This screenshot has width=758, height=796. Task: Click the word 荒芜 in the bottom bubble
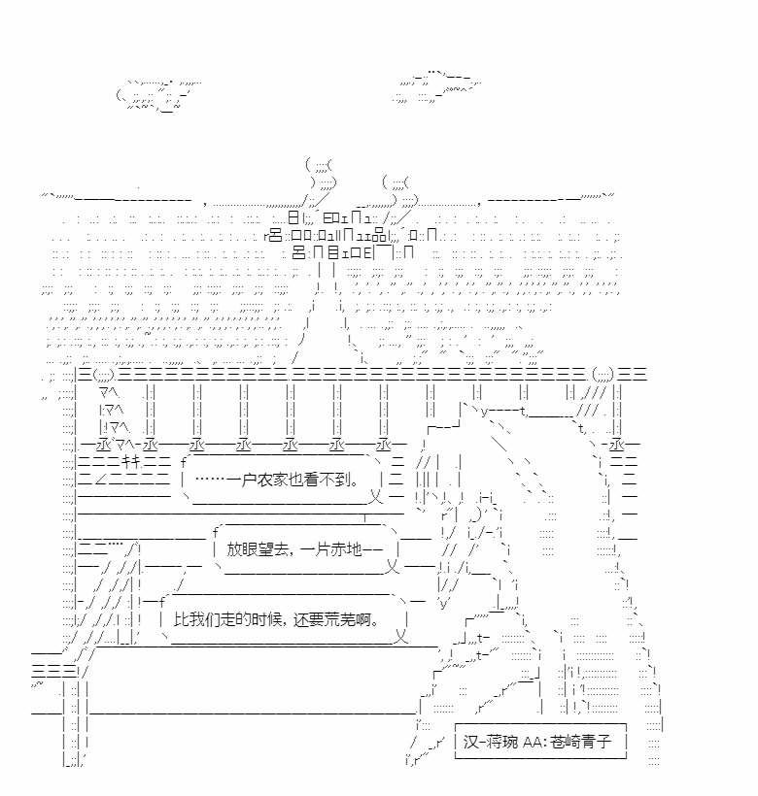click(x=340, y=619)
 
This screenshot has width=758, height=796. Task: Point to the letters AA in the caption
click(x=532, y=743)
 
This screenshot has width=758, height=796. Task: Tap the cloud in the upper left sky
click(x=157, y=95)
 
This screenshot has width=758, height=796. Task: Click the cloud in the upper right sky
click(x=436, y=86)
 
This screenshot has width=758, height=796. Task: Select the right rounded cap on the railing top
click(x=603, y=376)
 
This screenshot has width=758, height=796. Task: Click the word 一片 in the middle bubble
click(x=315, y=549)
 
